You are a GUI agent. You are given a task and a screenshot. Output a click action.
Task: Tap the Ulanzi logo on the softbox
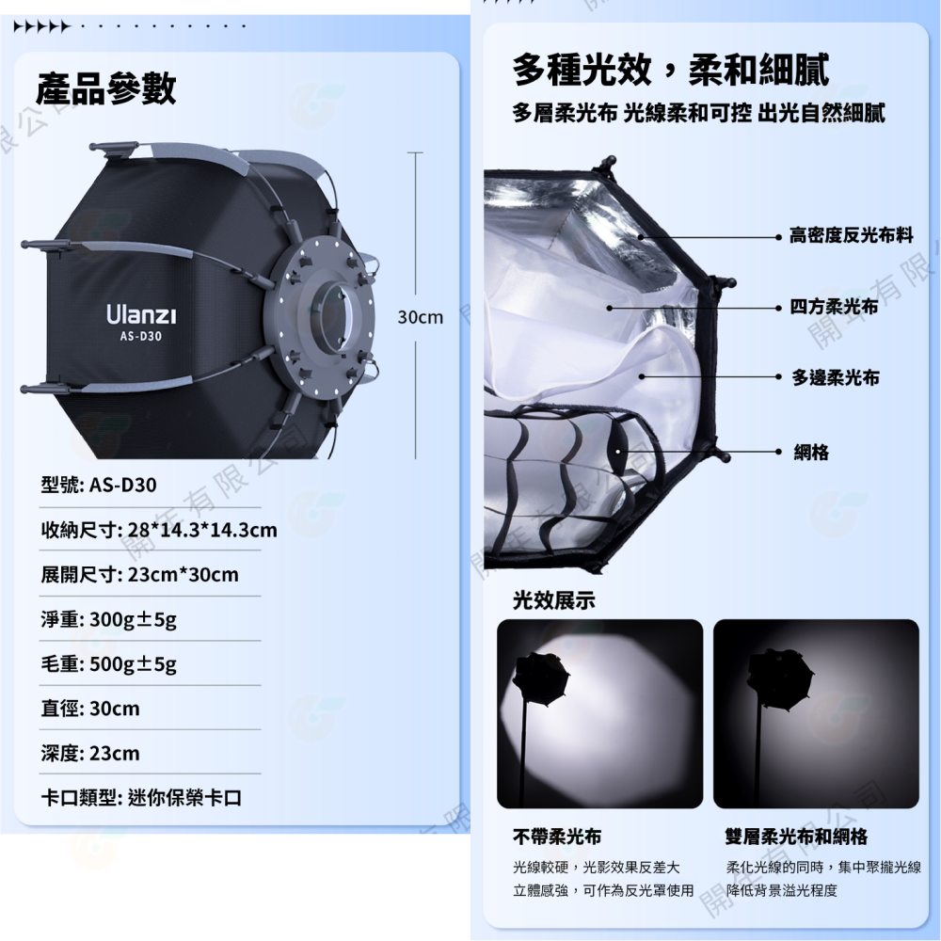click(140, 312)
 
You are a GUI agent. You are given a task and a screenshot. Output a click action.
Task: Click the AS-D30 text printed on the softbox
click(140, 336)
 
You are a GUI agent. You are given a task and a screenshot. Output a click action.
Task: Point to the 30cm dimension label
click(420, 317)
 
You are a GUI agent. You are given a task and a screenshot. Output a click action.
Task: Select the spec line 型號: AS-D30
click(99, 486)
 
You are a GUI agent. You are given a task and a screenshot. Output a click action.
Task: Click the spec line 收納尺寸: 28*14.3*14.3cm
click(159, 530)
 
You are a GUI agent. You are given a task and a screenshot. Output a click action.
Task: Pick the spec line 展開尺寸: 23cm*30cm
click(139, 574)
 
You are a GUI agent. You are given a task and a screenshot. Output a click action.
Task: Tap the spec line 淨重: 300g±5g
click(109, 619)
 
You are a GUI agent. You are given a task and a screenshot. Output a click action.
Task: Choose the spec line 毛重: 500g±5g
click(109, 664)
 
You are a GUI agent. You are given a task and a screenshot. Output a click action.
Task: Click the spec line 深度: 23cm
click(90, 754)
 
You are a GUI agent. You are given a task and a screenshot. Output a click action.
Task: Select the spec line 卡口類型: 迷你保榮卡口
click(141, 798)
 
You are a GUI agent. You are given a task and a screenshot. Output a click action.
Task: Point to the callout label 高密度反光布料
click(852, 235)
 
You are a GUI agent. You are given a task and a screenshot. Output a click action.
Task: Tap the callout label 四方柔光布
click(835, 307)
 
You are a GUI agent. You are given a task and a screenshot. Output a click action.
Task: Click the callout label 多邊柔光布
click(835, 377)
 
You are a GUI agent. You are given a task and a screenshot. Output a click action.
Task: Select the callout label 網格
click(811, 453)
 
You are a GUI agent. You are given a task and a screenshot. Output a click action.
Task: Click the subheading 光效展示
click(554, 600)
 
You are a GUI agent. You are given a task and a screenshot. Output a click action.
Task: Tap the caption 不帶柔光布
click(557, 837)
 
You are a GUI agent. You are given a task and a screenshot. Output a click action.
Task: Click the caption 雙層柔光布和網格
click(796, 837)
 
